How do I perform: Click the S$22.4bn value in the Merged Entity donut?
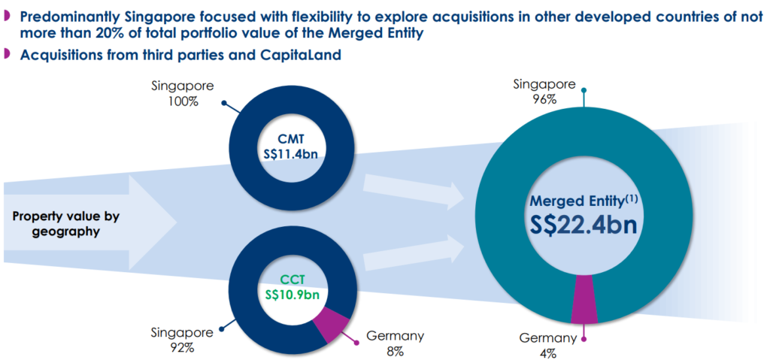point(584,225)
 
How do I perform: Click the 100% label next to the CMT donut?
point(182,103)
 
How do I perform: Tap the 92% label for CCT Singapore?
point(182,349)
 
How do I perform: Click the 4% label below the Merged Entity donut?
point(547,353)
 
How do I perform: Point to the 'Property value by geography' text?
point(66,223)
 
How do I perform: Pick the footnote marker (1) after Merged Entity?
point(630,198)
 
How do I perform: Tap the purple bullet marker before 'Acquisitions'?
point(6,54)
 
